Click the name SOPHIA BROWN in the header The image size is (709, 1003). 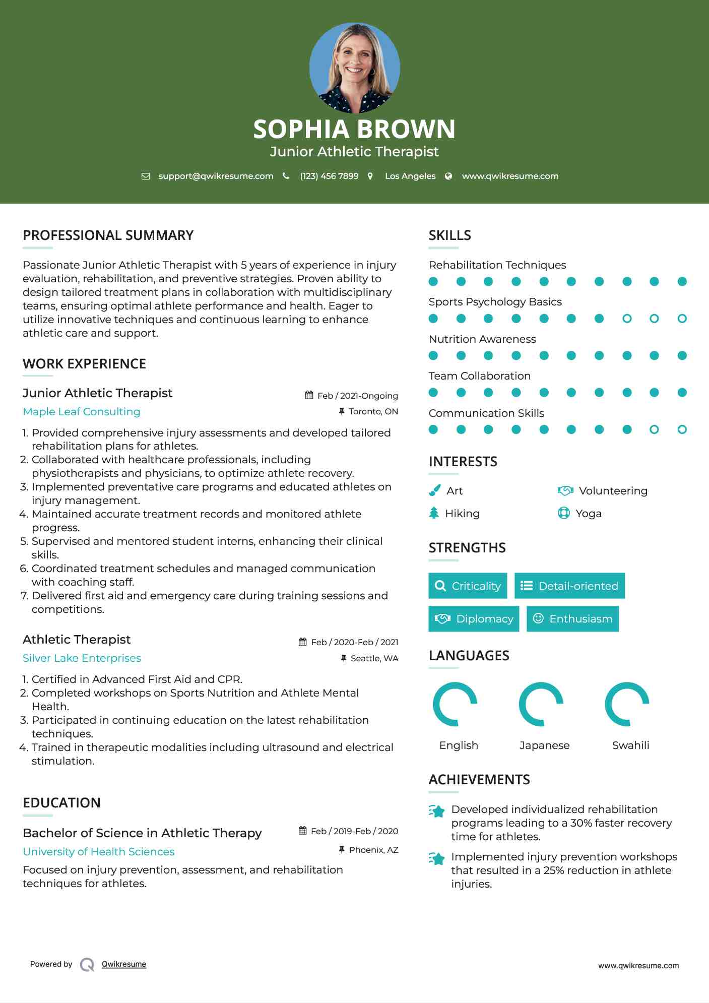click(354, 129)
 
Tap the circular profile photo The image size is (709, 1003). click(354, 68)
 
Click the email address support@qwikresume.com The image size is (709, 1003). click(216, 176)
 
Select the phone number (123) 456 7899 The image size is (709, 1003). click(329, 176)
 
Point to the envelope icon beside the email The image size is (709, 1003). click(146, 176)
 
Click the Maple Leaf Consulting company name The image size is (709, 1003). click(82, 412)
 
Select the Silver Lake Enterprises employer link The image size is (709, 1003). click(82, 658)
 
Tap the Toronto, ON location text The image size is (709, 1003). click(373, 411)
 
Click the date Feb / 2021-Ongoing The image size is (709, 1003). click(357, 396)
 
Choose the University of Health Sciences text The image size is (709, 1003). click(99, 852)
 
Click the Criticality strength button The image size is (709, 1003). click(468, 586)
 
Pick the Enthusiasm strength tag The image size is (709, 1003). click(572, 618)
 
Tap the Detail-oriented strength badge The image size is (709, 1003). click(569, 586)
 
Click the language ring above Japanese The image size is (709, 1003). click(541, 704)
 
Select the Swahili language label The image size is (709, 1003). click(630, 745)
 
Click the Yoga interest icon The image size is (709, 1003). click(564, 513)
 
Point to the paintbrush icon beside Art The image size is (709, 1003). click(434, 490)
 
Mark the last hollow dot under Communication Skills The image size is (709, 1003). click(682, 429)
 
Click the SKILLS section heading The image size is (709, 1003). click(449, 235)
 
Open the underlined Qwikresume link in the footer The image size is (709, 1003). click(124, 964)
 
